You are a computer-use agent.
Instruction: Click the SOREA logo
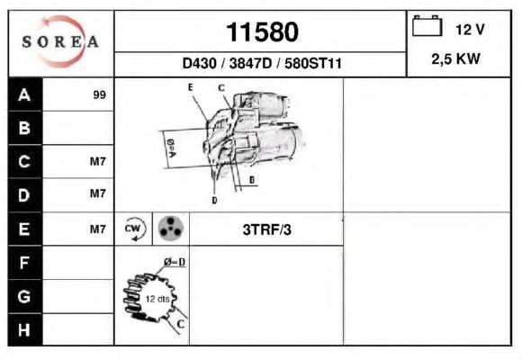[x=60, y=41]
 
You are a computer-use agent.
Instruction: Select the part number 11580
[x=262, y=32]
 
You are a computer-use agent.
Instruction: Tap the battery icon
[x=427, y=25]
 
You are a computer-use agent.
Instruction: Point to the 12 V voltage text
[x=470, y=30]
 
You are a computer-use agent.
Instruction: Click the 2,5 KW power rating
[x=455, y=58]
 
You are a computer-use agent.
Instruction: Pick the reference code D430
[x=199, y=63]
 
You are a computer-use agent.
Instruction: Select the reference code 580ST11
[x=312, y=63]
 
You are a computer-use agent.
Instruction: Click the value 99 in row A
[x=100, y=94]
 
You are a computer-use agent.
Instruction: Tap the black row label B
[x=24, y=128]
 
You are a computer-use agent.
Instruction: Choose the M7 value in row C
[x=98, y=161]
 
